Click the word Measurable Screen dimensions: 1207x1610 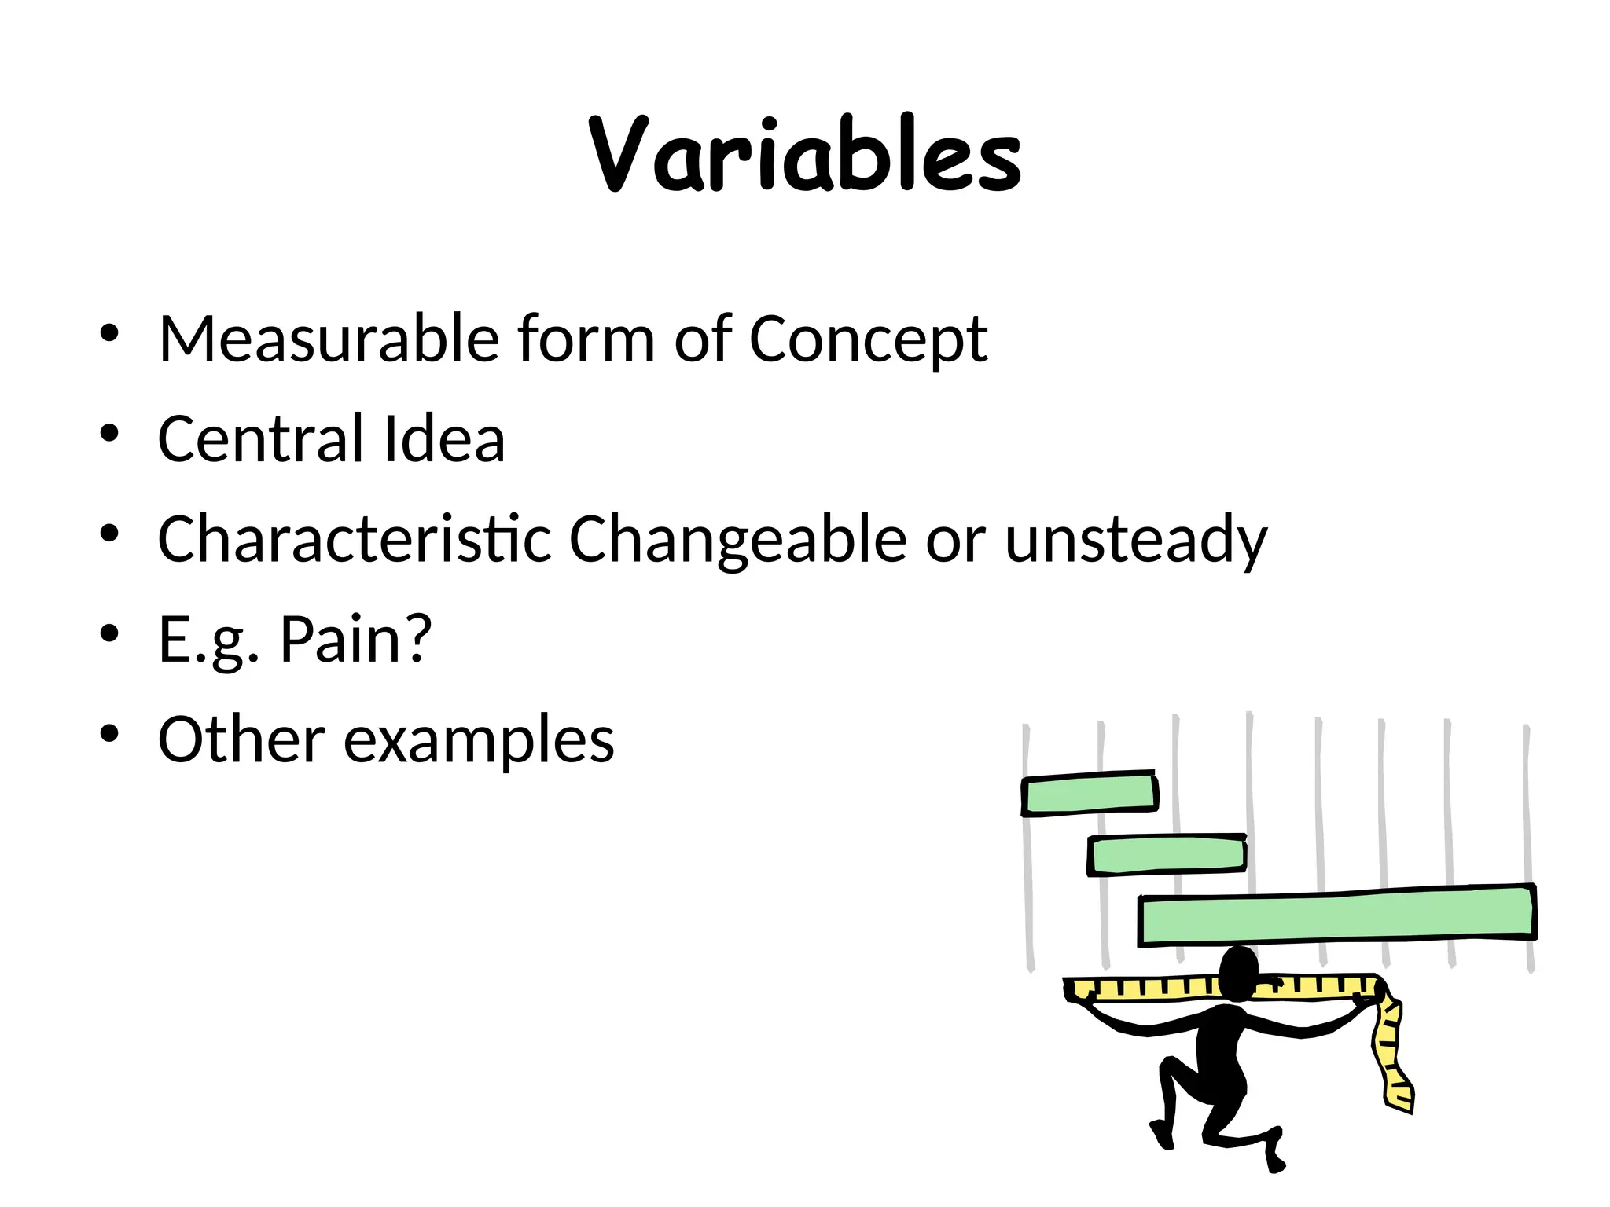point(329,339)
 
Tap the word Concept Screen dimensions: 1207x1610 point(868,340)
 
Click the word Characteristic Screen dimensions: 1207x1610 point(355,539)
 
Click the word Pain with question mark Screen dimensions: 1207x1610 point(356,640)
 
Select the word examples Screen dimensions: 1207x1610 point(479,741)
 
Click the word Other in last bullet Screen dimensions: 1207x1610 point(241,739)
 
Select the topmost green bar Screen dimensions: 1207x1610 point(1090,794)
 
